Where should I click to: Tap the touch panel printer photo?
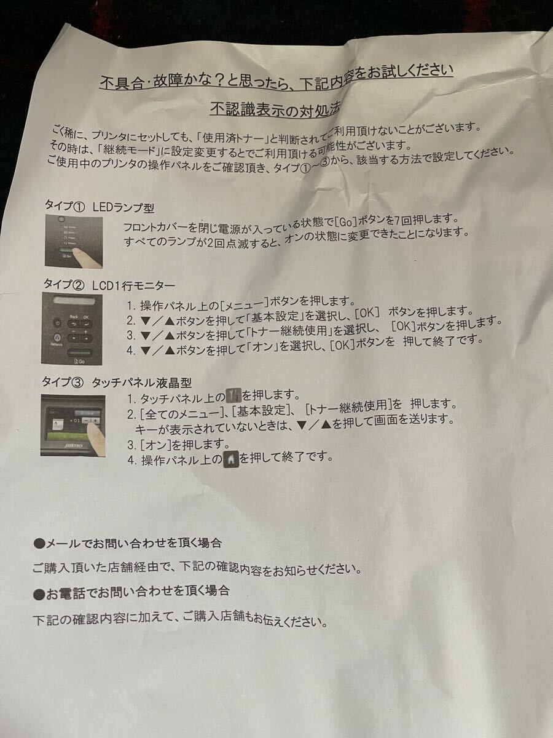[x=73, y=425]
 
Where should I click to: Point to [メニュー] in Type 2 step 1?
[x=246, y=304]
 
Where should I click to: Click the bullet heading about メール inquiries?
[x=128, y=543]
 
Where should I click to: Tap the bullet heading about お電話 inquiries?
[x=131, y=592]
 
